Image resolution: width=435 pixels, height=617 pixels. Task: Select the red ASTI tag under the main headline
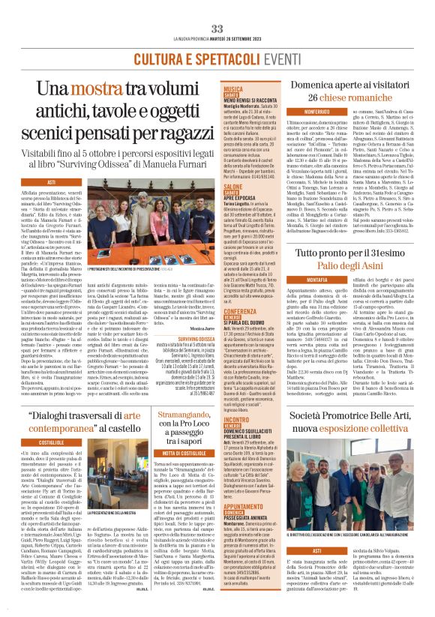click(x=52, y=182)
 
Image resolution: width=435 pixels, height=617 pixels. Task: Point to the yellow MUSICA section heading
click(x=233, y=88)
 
